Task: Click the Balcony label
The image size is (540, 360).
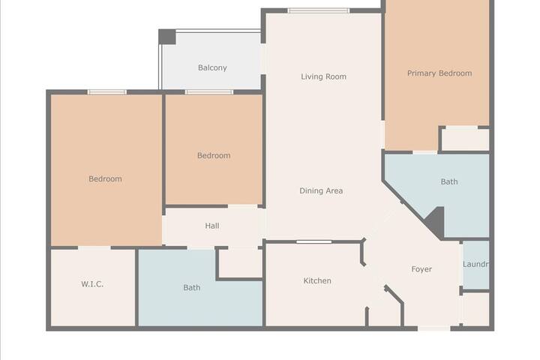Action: [212, 67]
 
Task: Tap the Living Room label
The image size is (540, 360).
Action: [323, 76]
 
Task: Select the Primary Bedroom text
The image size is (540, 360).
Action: [439, 73]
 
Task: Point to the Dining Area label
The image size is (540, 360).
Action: [321, 190]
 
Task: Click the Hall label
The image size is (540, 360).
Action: [212, 226]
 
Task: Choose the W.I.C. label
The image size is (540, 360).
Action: [92, 283]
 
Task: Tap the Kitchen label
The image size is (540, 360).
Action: [317, 280]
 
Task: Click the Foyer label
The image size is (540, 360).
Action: [421, 269]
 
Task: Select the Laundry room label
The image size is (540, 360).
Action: [475, 264]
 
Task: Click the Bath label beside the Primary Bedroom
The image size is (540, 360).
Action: [449, 181]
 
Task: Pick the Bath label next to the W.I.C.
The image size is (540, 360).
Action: [191, 287]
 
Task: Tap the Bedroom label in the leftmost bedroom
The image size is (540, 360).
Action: [105, 178]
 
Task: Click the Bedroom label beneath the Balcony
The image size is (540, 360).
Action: [214, 155]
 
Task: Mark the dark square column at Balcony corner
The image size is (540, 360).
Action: [167, 37]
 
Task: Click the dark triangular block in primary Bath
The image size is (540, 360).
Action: [436, 222]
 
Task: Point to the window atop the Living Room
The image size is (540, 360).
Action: [319, 10]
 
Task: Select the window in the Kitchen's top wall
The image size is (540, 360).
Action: [313, 241]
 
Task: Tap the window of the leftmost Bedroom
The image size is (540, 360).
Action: [106, 92]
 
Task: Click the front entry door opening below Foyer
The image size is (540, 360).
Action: [434, 328]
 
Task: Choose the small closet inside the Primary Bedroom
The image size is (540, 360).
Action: [465, 139]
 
